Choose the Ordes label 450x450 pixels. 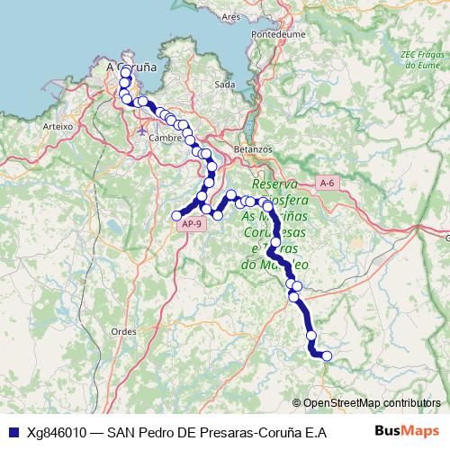(123, 330)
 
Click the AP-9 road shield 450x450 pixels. (192, 225)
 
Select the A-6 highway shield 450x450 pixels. (328, 183)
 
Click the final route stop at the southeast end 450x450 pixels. (327, 356)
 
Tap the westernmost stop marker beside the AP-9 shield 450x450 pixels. (177, 215)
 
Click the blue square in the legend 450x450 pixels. (13, 432)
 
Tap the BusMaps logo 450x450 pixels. (405, 431)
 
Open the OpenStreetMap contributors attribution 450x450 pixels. (372, 403)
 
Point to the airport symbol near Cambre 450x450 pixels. (144, 131)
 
